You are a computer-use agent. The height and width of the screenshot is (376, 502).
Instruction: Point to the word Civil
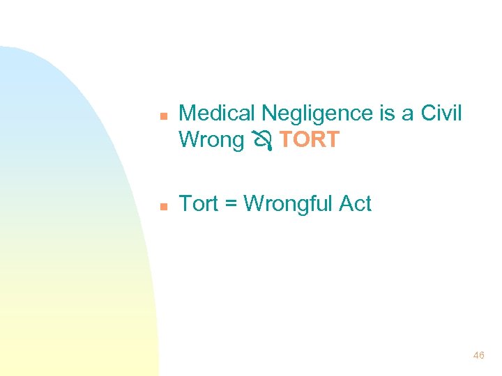coord(442,113)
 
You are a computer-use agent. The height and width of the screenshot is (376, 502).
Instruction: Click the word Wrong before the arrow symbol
coord(211,140)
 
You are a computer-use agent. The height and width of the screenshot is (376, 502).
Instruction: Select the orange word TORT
coord(310,140)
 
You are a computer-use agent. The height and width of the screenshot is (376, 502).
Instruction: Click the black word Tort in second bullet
coord(199,204)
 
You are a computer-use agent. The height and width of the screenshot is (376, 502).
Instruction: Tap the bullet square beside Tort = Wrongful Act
coord(162,207)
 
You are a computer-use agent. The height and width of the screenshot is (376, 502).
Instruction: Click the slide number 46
coord(478,355)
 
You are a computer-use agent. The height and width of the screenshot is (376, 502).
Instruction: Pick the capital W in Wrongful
coord(254,204)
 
